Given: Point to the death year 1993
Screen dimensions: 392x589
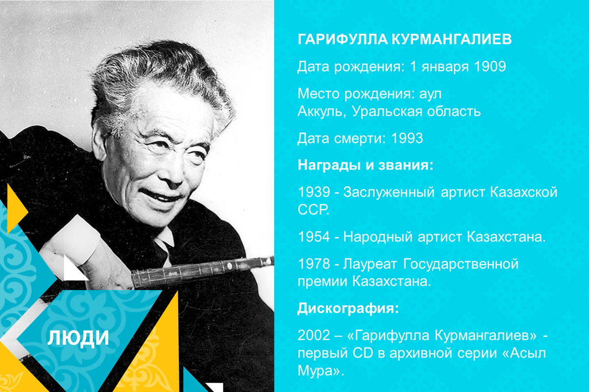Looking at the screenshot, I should coord(407,139).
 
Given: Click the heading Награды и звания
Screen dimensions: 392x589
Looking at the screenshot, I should coord(365,165).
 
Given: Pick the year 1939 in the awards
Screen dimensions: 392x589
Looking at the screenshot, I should coord(314,192).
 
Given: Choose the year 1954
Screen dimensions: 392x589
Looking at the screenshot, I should coord(314,238).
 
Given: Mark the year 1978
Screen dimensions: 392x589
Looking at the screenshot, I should coord(314,265).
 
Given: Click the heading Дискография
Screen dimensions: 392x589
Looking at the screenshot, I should coord(348,309).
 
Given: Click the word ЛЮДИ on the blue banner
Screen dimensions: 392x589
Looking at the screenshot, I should coord(79,339).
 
